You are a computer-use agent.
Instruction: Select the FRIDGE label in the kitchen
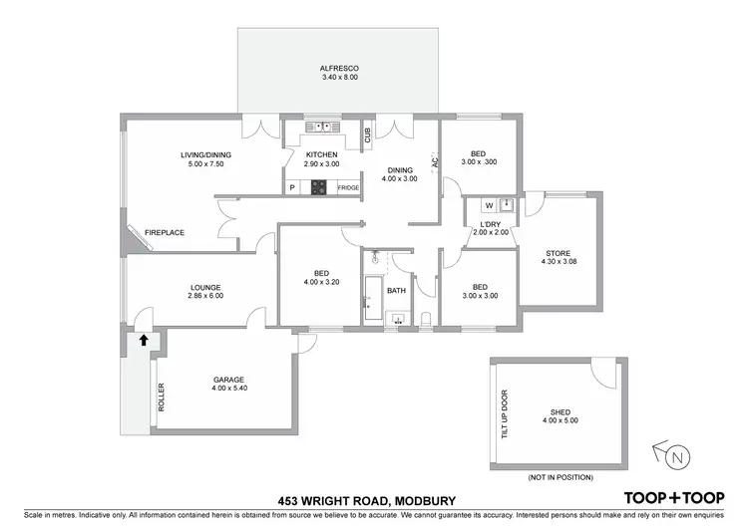coord(348,187)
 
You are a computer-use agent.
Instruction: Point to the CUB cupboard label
coord(367,135)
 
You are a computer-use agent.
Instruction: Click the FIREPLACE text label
coord(166,232)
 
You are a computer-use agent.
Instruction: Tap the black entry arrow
coord(144,340)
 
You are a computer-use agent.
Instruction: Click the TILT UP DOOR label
coord(505,413)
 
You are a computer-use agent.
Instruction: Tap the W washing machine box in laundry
coord(490,206)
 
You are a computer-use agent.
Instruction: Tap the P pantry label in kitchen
coord(292,187)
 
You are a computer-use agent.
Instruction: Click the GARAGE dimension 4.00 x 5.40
coord(228,389)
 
